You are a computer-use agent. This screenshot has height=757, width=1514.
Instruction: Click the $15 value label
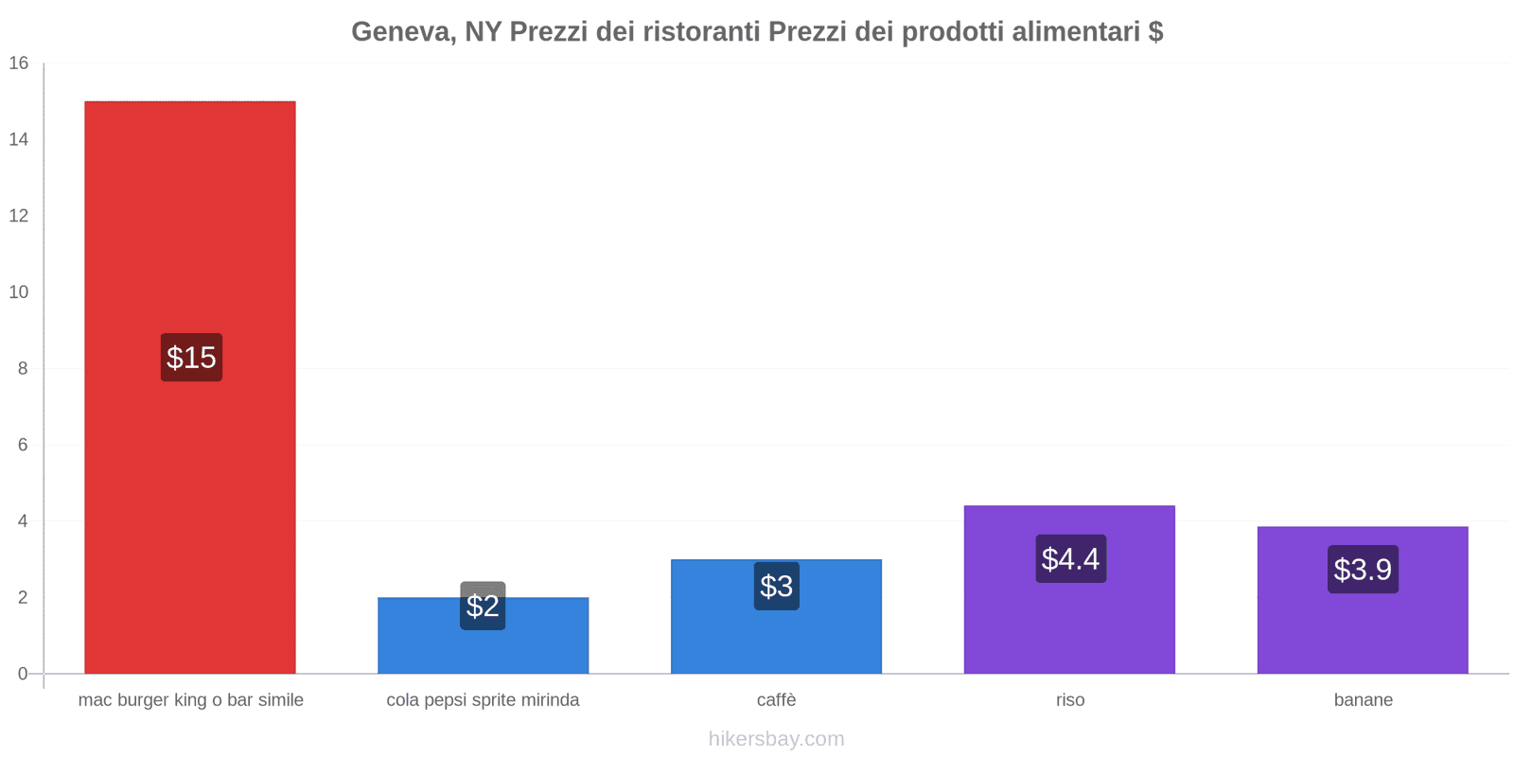point(191,358)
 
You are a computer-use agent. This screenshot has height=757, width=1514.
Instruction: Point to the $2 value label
point(483,606)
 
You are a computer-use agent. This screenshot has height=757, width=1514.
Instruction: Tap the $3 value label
point(776,587)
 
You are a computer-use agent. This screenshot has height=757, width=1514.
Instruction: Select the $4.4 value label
point(1070,559)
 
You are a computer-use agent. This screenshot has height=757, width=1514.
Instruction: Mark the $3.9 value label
point(1363,570)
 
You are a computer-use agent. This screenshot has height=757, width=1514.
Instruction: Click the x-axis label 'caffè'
point(776,700)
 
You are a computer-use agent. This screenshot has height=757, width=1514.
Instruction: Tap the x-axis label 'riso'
point(1070,700)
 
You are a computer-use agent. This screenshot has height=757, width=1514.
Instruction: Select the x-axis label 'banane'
point(1363,700)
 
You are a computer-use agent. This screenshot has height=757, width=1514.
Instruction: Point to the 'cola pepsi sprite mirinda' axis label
point(483,700)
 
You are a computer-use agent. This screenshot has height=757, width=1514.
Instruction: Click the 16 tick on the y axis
point(19,63)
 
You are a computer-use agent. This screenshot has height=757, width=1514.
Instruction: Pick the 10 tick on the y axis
point(19,292)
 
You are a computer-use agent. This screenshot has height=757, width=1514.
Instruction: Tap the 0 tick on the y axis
point(23,674)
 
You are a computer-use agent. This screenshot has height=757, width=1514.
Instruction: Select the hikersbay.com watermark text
point(776,739)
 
